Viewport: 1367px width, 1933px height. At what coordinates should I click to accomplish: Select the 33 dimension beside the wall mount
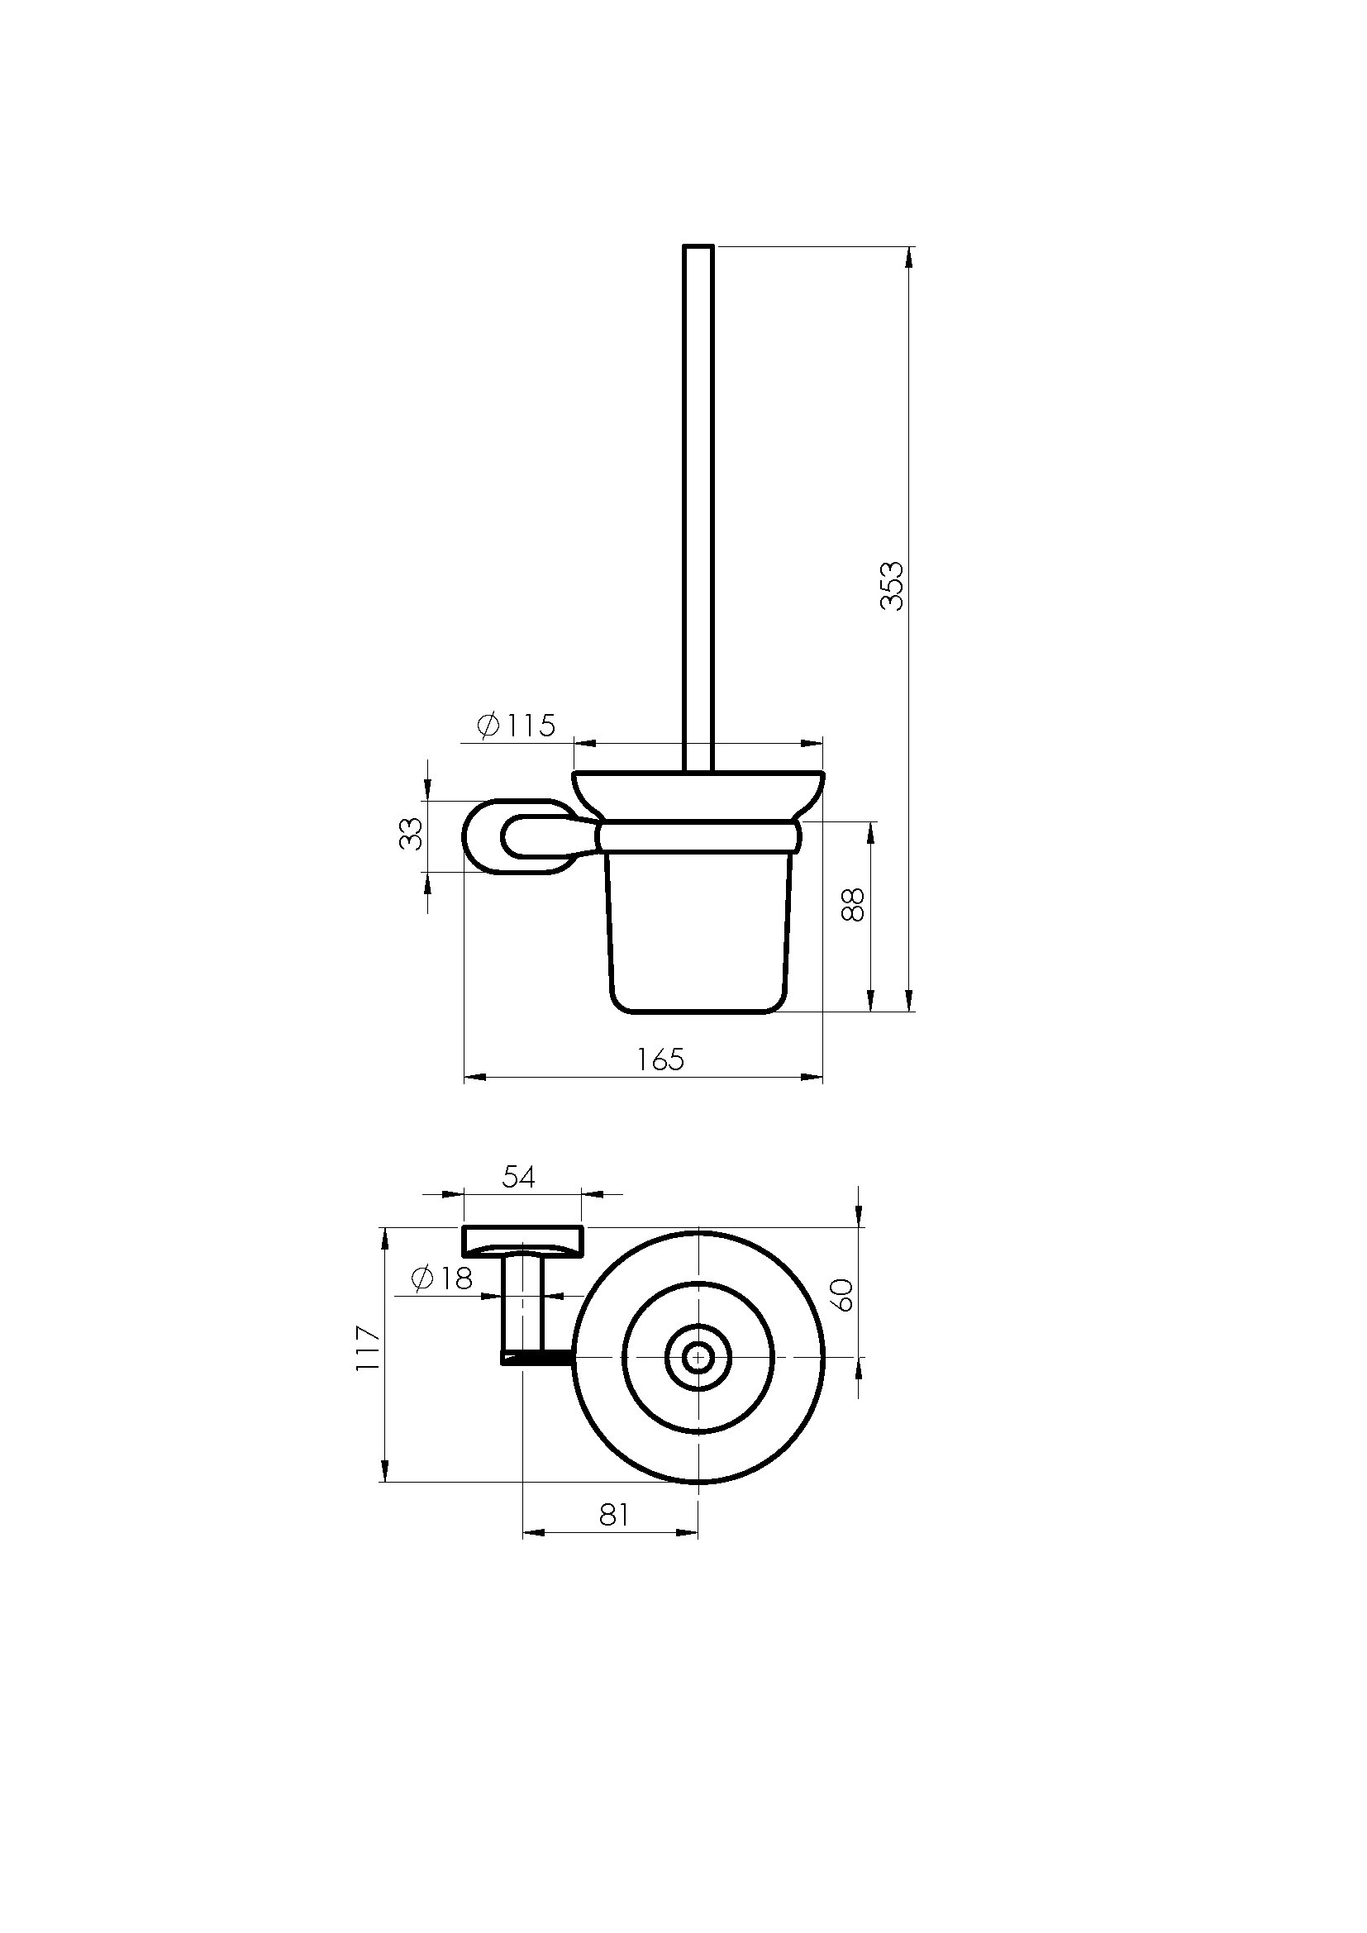[412, 834]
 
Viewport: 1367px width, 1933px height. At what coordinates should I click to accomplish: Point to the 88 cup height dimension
[854, 905]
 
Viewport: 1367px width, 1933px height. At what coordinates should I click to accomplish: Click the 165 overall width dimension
[661, 1059]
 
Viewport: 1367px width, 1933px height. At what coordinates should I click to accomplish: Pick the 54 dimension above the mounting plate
[518, 1177]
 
